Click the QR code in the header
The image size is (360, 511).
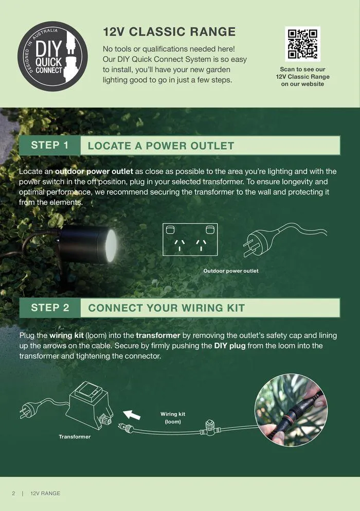click(x=302, y=44)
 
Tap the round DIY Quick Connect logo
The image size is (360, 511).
click(x=53, y=56)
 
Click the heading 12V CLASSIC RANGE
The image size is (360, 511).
click(x=169, y=32)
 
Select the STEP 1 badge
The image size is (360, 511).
click(x=49, y=145)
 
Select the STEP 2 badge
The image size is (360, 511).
click(x=49, y=308)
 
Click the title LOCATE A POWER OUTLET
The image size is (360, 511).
click(x=160, y=146)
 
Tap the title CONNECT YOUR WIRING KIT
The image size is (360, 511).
click(x=166, y=308)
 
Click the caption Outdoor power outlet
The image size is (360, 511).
click(x=231, y=271)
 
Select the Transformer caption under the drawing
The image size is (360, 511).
click(x=75, y=437)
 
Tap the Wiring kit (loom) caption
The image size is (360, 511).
click(x=172, y=417)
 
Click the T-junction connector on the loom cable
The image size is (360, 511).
click(x=210, y=427)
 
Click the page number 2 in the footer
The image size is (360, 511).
click(x=13, y=494)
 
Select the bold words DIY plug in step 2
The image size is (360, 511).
click(x=230, y=346)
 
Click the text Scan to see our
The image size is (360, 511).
click(x=302, y=69)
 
